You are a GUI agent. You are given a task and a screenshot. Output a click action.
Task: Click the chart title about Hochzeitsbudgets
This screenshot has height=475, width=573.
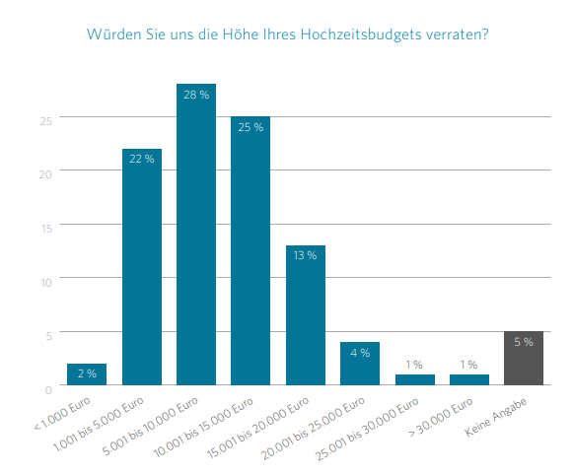coord(287,34)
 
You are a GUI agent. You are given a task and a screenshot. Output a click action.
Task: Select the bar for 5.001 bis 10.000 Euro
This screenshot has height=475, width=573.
coord(196,237)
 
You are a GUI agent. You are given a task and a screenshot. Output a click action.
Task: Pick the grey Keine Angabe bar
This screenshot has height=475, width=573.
coord(523,359)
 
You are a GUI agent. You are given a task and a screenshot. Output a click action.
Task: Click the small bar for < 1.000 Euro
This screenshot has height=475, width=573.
coord(87,374)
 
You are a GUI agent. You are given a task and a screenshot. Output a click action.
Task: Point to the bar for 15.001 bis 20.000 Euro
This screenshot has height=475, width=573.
coord(305,315)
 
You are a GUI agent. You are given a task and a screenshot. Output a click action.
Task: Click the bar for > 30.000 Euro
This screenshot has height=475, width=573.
coord(468,379)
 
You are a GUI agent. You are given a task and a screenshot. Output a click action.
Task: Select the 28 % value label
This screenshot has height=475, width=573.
coord(196,95)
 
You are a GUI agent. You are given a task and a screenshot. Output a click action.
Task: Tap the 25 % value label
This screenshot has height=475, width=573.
coord(251,127)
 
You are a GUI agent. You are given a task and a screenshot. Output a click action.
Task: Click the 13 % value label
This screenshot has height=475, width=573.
coord(305,256)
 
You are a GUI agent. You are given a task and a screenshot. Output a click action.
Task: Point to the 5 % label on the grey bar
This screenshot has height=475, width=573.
coord(523,342)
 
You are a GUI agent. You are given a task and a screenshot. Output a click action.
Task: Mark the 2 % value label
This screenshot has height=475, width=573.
coord(87,373)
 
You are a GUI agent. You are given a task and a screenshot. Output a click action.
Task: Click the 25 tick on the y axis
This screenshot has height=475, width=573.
coord(45,121)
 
